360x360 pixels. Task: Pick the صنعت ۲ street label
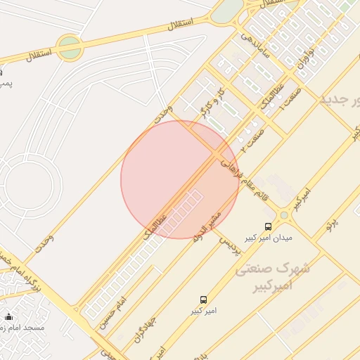point(252,136)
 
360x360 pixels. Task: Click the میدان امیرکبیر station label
point(266,237)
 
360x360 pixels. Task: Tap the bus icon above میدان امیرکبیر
point(268,226)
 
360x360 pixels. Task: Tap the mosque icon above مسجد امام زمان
point(8,317)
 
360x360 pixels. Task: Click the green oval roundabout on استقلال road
point(69,47)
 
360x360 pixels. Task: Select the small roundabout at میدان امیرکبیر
point(284,215)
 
